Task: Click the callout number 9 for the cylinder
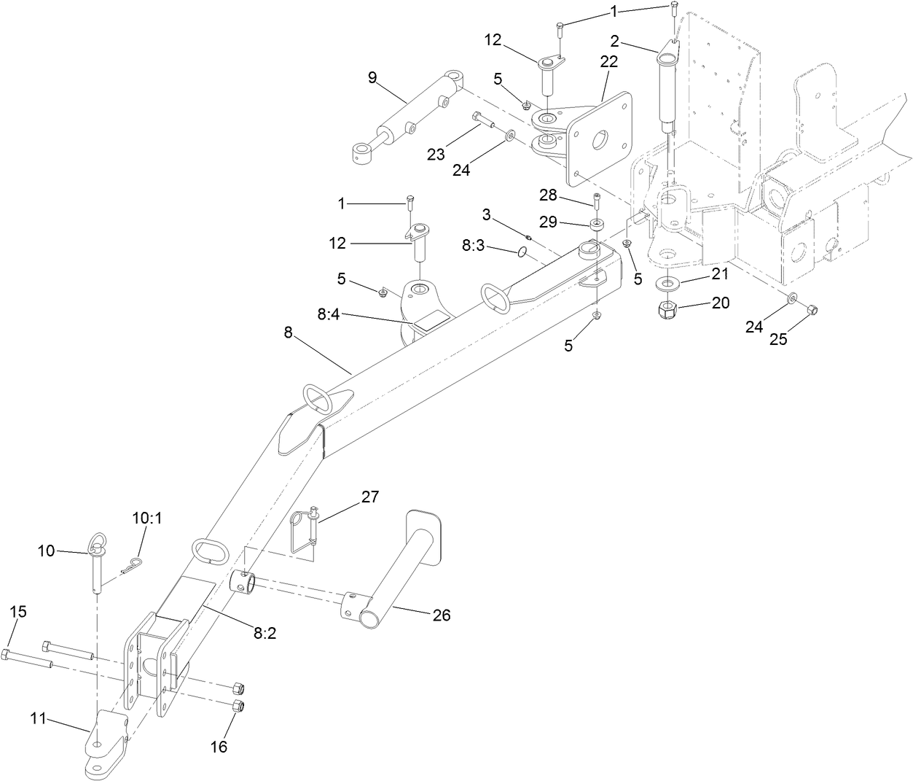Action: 372,78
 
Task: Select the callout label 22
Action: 608,62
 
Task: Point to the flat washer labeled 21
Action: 667,282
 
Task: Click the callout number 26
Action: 442,615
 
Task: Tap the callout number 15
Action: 18,611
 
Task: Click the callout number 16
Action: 219,746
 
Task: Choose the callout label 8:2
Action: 265,634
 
